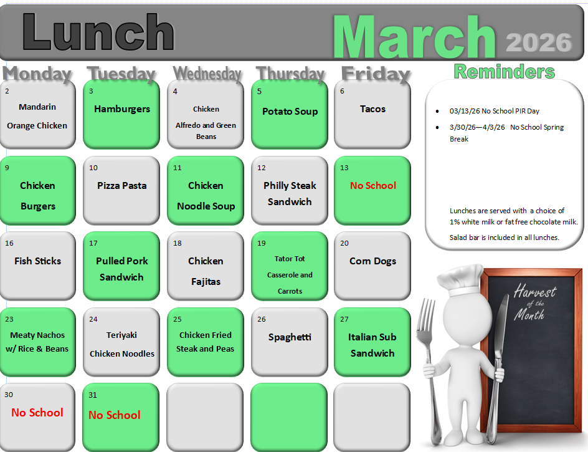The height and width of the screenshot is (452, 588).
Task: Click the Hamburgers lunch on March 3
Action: (122, 109)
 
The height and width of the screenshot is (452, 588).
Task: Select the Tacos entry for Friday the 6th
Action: (372, 109)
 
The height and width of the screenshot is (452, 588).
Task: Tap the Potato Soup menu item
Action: (290, 112)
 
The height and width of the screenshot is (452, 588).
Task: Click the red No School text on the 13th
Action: (372, 185)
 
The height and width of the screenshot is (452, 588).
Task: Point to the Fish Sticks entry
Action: (37, 261)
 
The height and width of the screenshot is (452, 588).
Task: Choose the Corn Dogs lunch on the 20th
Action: (372, 261)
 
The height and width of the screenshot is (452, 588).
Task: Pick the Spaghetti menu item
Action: (290, 337)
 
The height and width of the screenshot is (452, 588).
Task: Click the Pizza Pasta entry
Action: (122, 185)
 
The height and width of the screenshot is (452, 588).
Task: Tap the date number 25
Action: (178, 319)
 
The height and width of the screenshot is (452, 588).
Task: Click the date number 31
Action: (93, 395)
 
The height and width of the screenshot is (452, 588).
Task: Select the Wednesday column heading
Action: (207, 74)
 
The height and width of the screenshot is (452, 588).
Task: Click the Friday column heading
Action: (376, 74)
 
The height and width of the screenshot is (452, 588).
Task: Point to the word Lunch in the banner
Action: (98, 32)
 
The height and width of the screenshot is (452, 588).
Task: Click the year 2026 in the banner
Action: (539, 42)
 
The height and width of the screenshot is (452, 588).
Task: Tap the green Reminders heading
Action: (505, 71)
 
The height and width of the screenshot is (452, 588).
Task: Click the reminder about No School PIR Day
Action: (494, 111)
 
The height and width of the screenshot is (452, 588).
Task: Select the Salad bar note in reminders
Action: (505, 238)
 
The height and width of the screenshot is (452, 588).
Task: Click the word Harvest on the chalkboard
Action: (535, 291)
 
